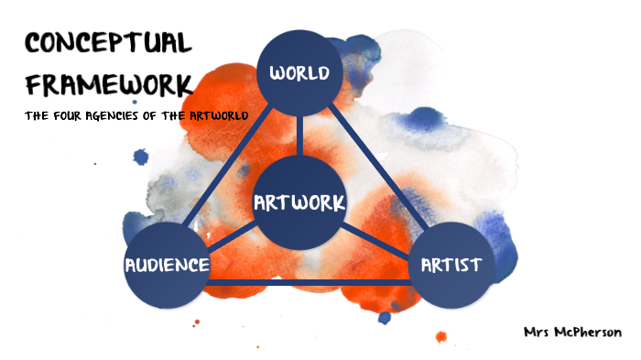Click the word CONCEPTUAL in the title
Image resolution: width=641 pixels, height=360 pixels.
pyautogui.click(x=108, y=43)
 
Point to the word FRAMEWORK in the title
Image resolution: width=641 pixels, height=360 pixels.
pyautogui.click(x=108, y=84)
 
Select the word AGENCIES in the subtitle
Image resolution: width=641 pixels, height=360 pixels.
pyautogui.click(x=133, y=116)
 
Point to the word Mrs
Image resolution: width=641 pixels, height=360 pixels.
pyautogui.click(x=537, y=332)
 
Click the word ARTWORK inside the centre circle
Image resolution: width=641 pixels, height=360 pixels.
pyautogui.click(x=299, y=202)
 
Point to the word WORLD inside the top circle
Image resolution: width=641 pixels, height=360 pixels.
pyautogui.click(x=299, y=72)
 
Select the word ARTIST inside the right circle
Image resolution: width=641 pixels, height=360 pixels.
pyautogui.click(x=451, y=266)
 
